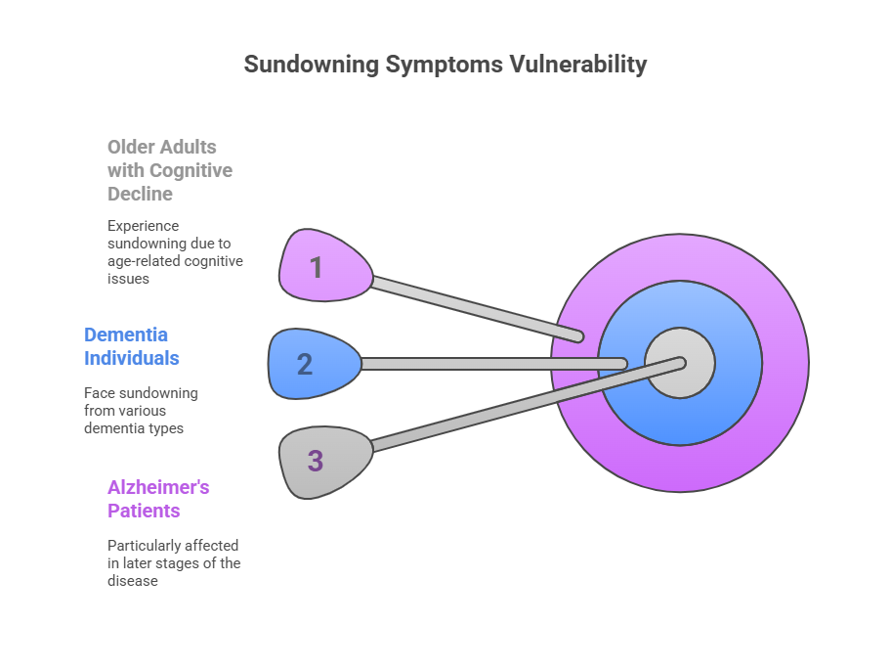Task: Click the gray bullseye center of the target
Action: click(680, 364)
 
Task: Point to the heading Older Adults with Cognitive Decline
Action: click(169, 170)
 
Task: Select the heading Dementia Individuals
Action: click(131, 346)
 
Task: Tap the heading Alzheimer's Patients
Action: click(157, 499)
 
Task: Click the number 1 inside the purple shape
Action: click(316, 267)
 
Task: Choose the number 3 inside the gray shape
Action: click(315, 462)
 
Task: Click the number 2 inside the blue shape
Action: click(305, 365)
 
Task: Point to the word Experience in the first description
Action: click(143, 226)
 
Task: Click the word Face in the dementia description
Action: click(100, 393)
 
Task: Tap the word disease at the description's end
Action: click(132, 581)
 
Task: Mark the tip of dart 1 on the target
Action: click(577, 336)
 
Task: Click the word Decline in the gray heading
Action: click(140, 194)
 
